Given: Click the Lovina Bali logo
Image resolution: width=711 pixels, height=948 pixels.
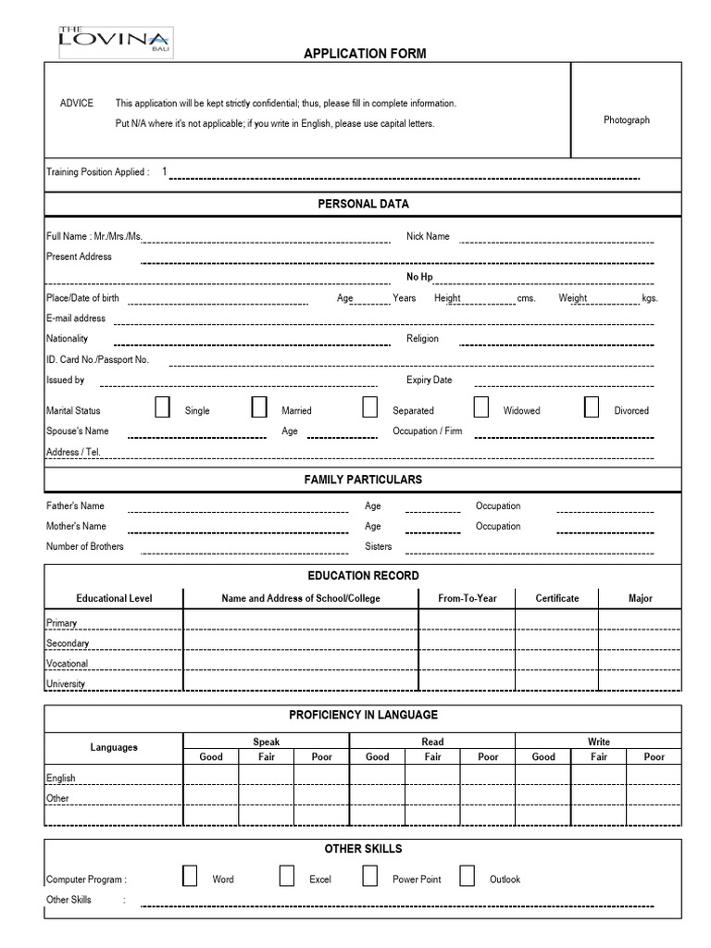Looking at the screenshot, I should (114, 40).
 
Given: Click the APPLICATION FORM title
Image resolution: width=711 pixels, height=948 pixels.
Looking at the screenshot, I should (365, 54).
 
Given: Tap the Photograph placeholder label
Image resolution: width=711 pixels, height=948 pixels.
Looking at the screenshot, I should (626, 120).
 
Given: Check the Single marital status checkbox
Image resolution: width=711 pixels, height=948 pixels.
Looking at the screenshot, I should (163, 407).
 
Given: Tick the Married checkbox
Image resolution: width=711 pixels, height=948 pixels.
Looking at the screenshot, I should (259, 407).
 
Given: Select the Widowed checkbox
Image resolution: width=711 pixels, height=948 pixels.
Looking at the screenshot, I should (481, 407).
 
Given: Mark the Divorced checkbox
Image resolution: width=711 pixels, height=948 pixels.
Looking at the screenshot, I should (592, 407).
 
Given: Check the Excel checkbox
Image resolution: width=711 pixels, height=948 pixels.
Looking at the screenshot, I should (287, 876).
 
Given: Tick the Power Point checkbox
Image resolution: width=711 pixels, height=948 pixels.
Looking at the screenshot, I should (370, 876).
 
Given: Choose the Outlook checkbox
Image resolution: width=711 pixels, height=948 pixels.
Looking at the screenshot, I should (468, 876).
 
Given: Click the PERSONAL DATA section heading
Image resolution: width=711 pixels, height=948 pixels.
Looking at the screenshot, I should (363, 204).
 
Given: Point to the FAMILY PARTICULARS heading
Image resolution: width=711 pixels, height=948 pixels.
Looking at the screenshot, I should (363, 480).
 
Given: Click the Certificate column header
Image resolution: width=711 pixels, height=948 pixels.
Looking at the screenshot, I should (556, 598).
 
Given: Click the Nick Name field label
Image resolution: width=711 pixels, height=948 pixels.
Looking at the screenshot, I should (428, 236).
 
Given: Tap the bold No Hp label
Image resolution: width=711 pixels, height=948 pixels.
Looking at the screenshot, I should (419, 277).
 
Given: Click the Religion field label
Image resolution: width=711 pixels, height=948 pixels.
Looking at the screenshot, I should (422, 339).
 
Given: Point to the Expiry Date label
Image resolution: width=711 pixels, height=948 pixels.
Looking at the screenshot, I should (429, 380).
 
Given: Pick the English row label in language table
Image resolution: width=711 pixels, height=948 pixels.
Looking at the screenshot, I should (61, 779).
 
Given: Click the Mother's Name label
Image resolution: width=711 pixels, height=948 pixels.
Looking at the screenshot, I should (76, 526).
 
